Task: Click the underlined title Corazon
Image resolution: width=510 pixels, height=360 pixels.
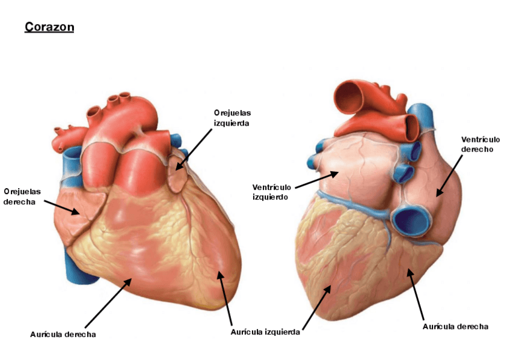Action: tap(49, 28)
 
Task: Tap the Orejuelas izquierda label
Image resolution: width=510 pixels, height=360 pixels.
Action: tap(232, 118)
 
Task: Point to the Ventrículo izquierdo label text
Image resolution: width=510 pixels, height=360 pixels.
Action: tap(271, 192)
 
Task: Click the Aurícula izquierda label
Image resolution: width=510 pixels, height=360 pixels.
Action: tap(265, 332)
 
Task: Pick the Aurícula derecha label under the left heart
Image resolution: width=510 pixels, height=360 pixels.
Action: tap(63, 334)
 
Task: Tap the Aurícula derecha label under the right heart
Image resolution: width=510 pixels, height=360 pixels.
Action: tap(455, 326)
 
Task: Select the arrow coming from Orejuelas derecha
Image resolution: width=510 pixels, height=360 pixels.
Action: tap(61, 207)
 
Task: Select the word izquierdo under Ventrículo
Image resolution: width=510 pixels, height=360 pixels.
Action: tap(271, 197)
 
